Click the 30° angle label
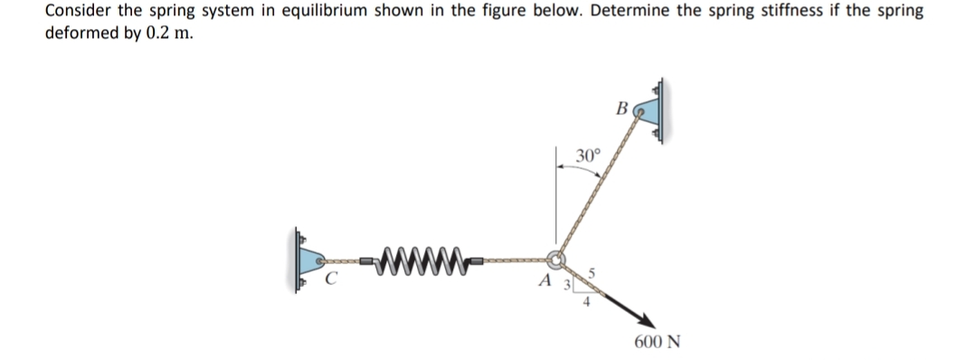[587, 156]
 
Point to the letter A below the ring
[545, 281]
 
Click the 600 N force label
[658, 343]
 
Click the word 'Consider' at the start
[75, 12]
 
